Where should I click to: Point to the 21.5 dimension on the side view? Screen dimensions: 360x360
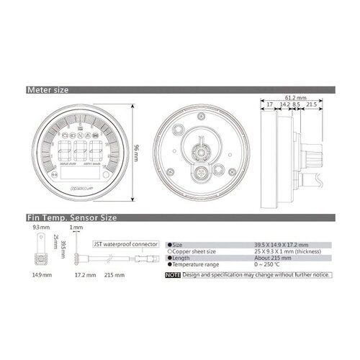pyautogui.click(x=312, y=104)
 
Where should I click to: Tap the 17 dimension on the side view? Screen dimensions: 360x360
pyautogui.click(x=269, y=104)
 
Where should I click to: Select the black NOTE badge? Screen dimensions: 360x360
pyautogui.click(x=172, y=275)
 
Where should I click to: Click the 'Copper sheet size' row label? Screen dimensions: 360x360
pyautogui.click(x=193, y=251)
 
